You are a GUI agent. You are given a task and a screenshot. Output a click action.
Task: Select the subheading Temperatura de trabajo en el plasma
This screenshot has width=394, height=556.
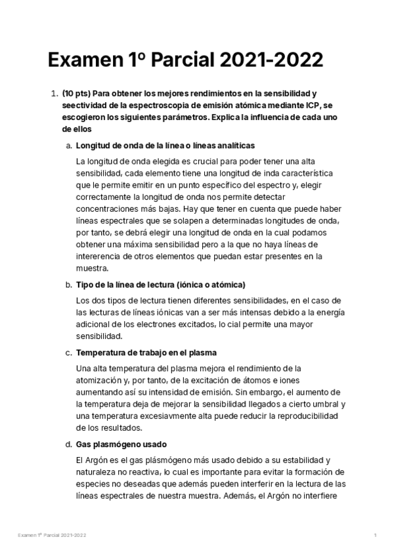146,353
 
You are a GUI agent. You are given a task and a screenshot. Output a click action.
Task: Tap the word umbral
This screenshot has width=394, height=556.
330,405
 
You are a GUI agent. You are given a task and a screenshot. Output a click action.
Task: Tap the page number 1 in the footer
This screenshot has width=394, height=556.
375,536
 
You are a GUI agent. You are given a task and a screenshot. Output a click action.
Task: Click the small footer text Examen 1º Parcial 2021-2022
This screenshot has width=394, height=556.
53,536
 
